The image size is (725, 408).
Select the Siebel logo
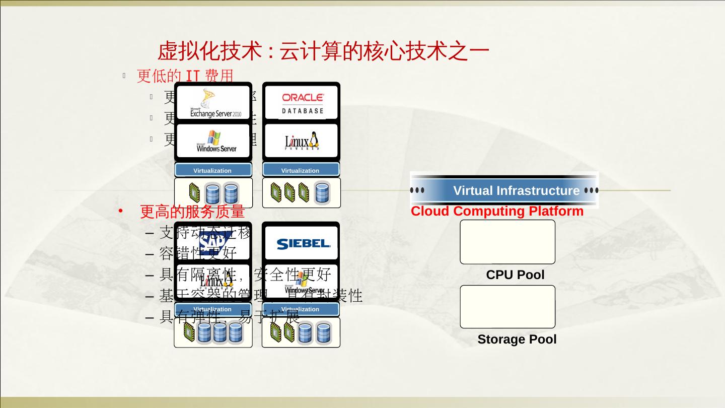tap(303, 244)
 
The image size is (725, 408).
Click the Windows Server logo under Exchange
tap(215, 142)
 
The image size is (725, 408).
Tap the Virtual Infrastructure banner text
tap(516, 190)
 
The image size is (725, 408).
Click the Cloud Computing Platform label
tap(497, 212)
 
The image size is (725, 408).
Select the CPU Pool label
tap(515, 275)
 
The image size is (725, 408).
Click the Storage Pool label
tap(517, 339)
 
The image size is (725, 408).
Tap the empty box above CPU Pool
tap(507, 242)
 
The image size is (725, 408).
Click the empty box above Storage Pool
tap(507, 307)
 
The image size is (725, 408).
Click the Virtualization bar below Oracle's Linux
tap(301, 170)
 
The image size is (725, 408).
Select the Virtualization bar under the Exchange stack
tap(213, 170)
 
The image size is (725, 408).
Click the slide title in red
tap(323, 52)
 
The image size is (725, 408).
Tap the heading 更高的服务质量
tap(192, 212)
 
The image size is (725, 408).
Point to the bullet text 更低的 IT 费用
tap(185, 76)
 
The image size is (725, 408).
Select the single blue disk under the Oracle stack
tap(322, 193)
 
